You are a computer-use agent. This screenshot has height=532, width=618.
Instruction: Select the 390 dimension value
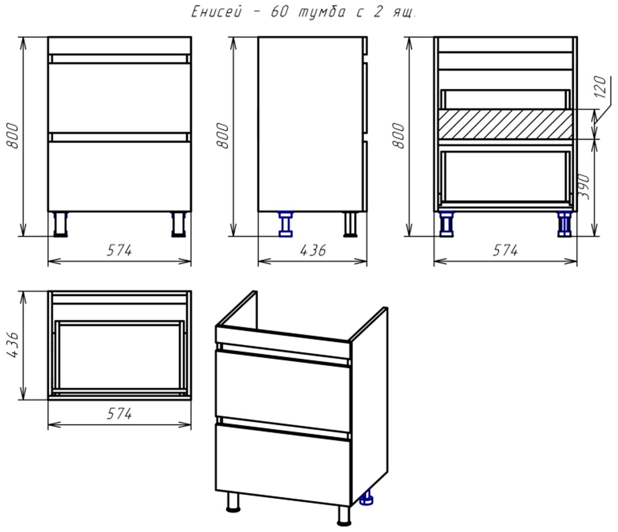(x=584, y=187)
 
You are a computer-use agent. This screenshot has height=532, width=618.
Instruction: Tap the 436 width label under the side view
(x=312, y=250)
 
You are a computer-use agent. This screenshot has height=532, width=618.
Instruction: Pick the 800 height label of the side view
(x=222, y=135)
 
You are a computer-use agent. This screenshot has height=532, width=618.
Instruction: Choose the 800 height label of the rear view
(x=398, y=135)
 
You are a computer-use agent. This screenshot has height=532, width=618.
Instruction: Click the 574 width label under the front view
(x=119, y=250)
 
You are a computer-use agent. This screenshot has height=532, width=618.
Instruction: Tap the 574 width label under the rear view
(x=505, y=250)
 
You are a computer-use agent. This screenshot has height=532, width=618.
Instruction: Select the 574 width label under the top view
(x=119, y=414)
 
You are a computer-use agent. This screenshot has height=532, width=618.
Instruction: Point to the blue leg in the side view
(x=286, y=224)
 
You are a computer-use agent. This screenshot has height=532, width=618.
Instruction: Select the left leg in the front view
(x=61, y=224)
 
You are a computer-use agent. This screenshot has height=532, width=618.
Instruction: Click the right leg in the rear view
(x=565, y=224)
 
